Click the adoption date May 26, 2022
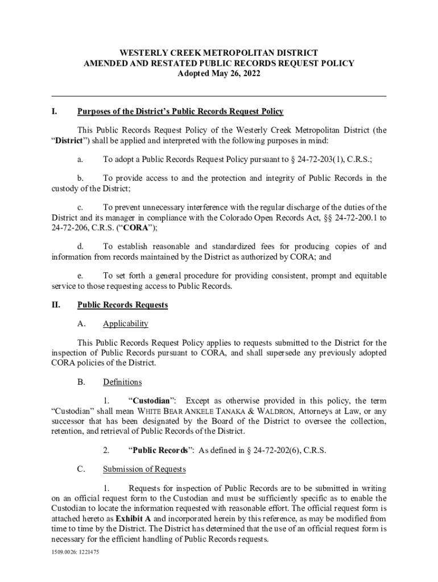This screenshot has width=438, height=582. pos(232,74)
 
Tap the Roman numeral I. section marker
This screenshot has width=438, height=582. pos(54,111)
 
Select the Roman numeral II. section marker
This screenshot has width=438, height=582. pos(56,305)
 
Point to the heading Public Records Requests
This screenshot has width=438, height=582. pos(122,305)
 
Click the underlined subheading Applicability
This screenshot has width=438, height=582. pos(125,324)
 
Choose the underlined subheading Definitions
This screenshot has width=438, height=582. pos(122,382)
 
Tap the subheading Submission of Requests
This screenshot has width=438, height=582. pos(144,469)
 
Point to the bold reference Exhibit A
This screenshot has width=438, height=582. pos(134,519)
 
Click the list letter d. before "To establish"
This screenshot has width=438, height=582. pos(81,246)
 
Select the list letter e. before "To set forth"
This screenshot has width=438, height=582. pos(81,276)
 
